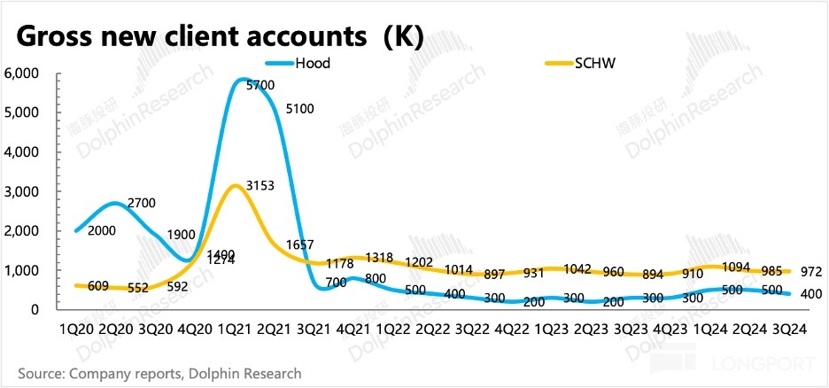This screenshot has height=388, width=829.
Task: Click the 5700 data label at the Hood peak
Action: coord(261,85)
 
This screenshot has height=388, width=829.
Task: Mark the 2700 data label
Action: coord(140,203)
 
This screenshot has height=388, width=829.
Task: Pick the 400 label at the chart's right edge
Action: coord(810,294)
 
